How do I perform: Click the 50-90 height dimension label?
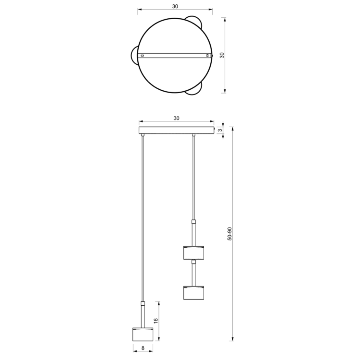tap(230, 234)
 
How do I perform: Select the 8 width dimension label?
tap(143, 348)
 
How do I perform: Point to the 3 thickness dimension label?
tap(220, 130)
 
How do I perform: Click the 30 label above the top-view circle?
tap(175, 6)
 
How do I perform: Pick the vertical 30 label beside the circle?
tap(222, 55)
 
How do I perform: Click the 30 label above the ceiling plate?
tap(176, 118)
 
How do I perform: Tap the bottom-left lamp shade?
tap(143, 335)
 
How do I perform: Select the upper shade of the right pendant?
tap(193, 252)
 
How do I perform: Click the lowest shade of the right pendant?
tap(193, 292)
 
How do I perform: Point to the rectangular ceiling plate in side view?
tap(176, 130)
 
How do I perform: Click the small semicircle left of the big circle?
tap(133, 56)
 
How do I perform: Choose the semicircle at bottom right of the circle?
tap(194, 90)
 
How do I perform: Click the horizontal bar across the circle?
tap(175, 56)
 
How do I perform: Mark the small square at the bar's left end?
tap(142, 56)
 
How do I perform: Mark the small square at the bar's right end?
tap(208, 56)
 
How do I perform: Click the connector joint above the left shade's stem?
tap(143, 303)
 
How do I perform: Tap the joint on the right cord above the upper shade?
tap(193, 222)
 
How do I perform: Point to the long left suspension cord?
tap(143, 216)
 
